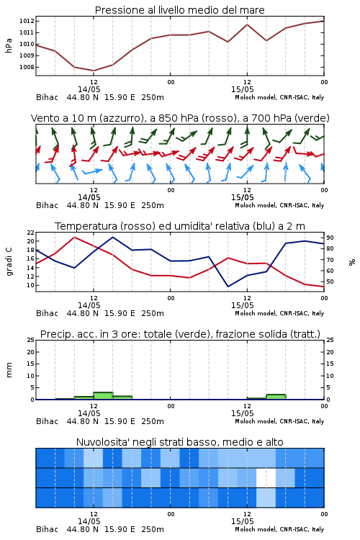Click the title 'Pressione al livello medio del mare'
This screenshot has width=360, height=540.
click(x=179, y=10)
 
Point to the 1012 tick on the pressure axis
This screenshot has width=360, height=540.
click(x=27, y=21)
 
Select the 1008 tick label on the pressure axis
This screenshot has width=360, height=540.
click(x=27, y=67)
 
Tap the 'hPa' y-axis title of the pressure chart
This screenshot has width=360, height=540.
click(x=9, y=45)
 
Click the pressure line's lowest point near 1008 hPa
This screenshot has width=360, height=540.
click(x=94, y=71)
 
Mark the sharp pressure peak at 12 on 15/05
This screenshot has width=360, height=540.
click(x=247, y=24)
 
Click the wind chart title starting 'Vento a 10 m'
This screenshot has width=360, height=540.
click(x=180, y=118)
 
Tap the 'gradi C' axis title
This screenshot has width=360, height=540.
click(x=9, y=261)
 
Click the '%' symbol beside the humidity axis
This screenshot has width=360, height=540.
click(x=352, y=262)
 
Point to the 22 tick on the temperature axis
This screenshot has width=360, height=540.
click(x=31, y=233)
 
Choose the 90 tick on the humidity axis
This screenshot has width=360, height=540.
click(x=330, y=238)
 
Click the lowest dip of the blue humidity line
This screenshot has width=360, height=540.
click(x=228, y=287)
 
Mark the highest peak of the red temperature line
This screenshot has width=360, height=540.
click(x=74, y=238)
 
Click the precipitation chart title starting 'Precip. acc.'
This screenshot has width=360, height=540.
click(x=180, y=334)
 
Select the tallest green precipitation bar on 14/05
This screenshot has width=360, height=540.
click(x=104, y=396)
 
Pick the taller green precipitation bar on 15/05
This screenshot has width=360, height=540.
click(x=276, y=397)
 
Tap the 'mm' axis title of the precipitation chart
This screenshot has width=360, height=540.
click(x=9, y=370)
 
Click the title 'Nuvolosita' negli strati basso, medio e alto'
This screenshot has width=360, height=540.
click(x=179, y=442)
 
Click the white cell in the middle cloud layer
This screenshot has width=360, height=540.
click(x=266, y=477)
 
